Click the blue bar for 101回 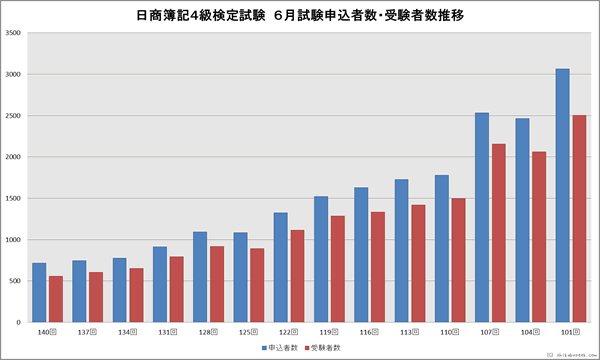tap(562, 195)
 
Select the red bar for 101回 tap(578, 218)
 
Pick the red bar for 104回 tap(538, 237)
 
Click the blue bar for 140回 tap(39, 292)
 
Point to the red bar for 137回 tap(95, 297)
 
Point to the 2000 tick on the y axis tap(14, 157)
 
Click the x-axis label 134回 tap(127, 330)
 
